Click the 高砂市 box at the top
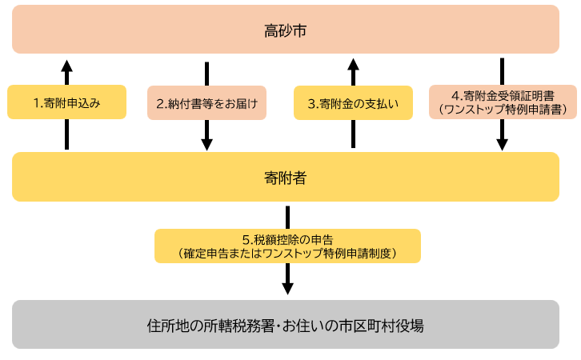pos(286,30)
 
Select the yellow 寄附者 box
pos(286,177)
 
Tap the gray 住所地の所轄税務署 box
pos(286,325)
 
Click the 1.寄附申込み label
pos(67,102)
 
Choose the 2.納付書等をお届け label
pos(206,103)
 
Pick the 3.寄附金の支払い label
pos(353,103)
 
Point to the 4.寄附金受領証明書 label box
pos(502,102)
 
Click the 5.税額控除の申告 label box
pos(287,246)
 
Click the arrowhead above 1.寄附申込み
pos(67,66)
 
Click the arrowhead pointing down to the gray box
pos(287,287)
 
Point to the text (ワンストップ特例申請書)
pos(502,110)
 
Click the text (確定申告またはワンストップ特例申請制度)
pos(287,253)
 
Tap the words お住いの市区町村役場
pos(358,326)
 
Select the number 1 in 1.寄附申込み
pos(37,103)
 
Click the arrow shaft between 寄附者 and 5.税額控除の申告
pos(287,217)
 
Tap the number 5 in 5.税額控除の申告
pos(245,239)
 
